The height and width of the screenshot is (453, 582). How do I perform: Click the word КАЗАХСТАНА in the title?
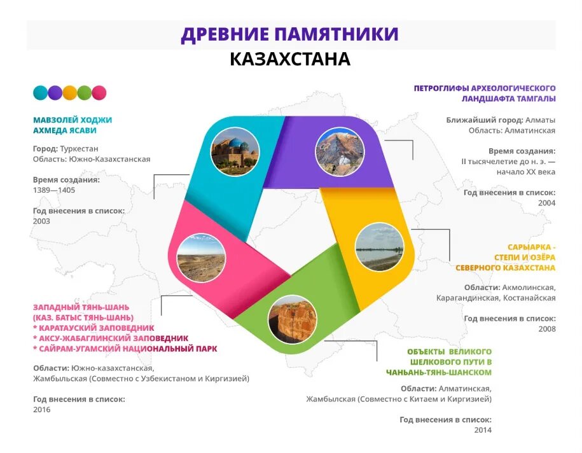[290, 59]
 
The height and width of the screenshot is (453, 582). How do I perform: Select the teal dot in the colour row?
[40, 93]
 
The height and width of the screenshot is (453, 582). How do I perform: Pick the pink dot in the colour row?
[99, 93]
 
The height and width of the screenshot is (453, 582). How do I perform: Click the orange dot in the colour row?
[69, 93]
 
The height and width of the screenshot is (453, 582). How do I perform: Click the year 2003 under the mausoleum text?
[42, 221]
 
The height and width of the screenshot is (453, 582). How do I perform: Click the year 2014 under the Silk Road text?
[483, 430]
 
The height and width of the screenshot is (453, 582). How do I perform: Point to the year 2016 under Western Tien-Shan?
[42, 410]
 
